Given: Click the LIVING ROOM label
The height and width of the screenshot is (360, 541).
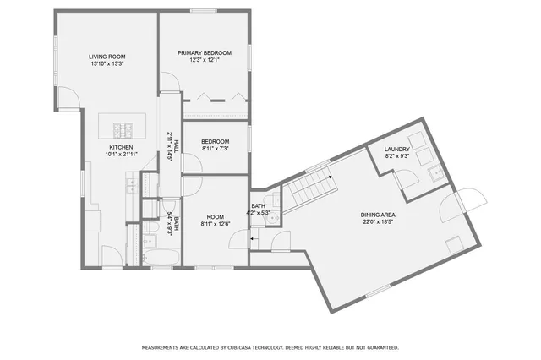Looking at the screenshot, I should point(107,57).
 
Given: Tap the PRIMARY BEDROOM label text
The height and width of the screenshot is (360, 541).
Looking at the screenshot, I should point(204,52).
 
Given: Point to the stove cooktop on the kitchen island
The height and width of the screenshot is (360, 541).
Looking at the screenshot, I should point(123,129).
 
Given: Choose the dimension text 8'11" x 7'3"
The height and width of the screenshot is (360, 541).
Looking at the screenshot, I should point(216,148).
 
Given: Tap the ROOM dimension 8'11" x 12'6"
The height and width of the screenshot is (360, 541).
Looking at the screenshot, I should point(215,224).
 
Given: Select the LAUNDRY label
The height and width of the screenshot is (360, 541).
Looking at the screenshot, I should point(397,150).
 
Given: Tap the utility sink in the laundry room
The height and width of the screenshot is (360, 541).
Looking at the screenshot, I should point(437,176).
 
